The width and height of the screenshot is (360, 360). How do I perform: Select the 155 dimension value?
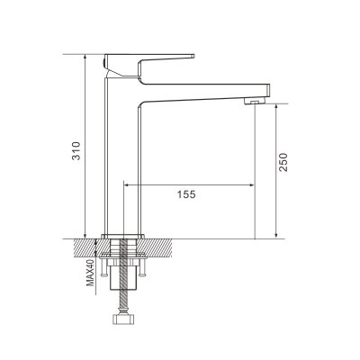[186, 193]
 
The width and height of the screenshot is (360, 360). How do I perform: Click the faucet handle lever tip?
[191, 56]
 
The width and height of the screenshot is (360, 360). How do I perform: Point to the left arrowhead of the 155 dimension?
[126, 185]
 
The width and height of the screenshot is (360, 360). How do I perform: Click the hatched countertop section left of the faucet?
[86, 244]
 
